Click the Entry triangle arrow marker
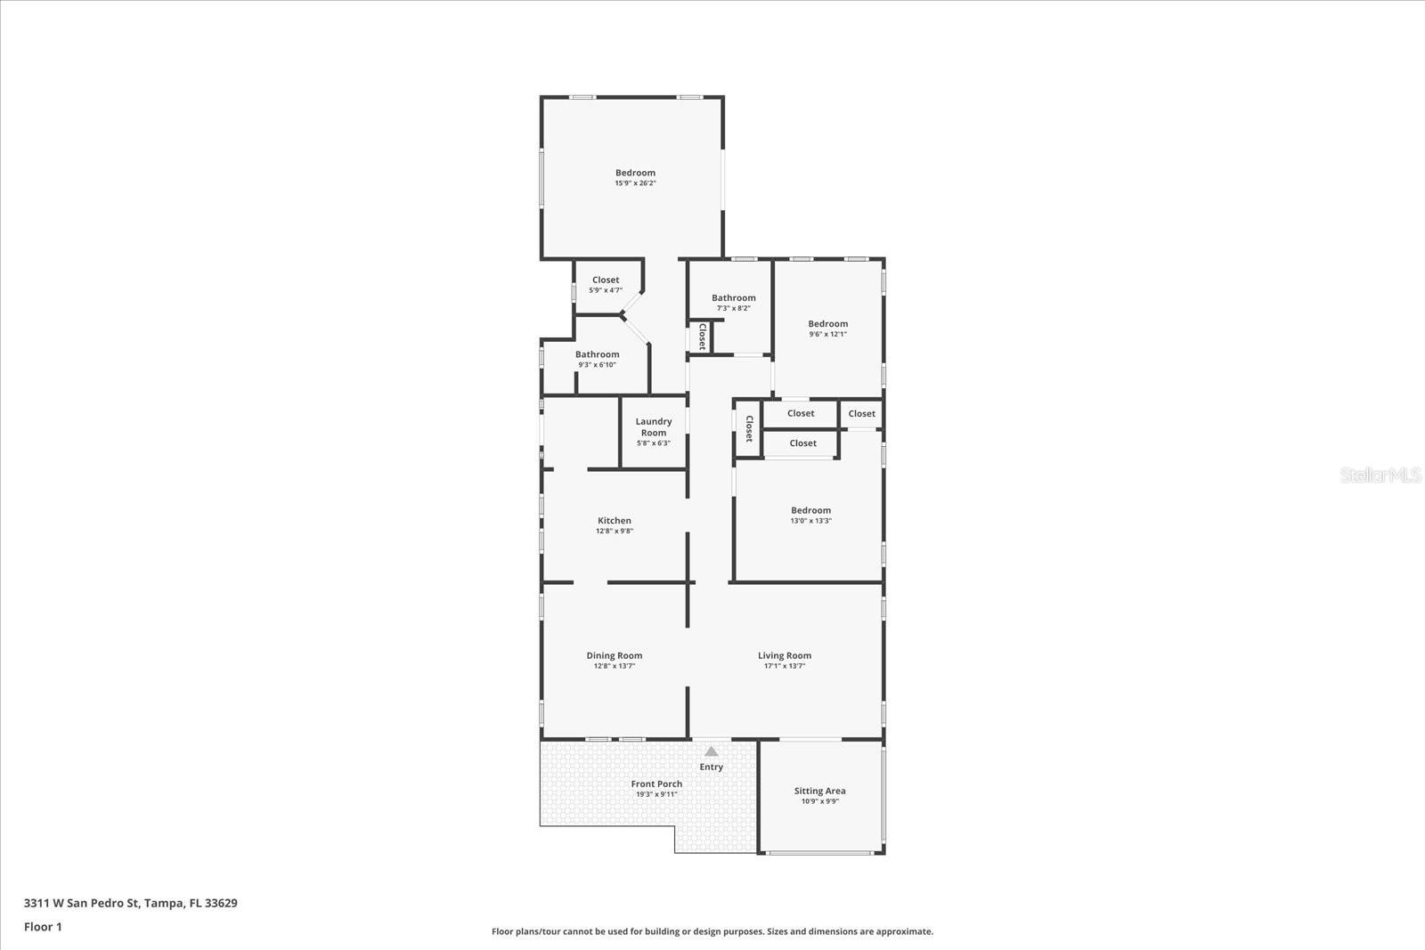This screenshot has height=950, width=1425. (711, 751)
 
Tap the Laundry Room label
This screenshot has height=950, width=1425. (654, 426)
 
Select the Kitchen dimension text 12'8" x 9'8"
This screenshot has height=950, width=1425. (615, 532)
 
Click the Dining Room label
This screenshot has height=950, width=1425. (615, 655)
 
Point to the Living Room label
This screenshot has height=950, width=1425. (785, 655)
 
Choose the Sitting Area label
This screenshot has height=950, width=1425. (820, 791)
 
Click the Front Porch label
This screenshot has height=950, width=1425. (656, 784)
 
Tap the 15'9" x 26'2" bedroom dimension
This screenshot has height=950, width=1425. (635, 183)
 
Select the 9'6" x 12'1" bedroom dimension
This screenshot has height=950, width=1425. (827, 335)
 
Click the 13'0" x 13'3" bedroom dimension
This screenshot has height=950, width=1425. (810, 521)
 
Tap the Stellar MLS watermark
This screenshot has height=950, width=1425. (1380, 475)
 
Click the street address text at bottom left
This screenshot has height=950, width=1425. (131, 903)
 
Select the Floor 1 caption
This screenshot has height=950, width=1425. (43, 927)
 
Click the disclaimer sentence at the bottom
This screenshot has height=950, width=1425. (712, 931)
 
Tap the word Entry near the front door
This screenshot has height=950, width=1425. (712, 767)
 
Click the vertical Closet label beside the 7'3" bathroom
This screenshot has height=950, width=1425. (703, 336)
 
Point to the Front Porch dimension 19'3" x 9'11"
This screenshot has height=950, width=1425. (656, 794)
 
